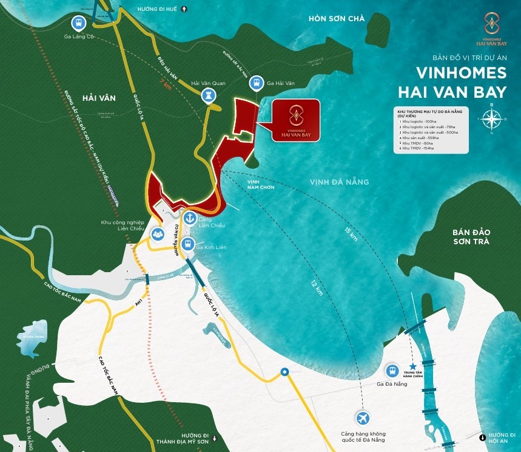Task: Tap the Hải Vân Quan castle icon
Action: tap(209, 95)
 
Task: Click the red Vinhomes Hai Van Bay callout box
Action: tap(295, 122)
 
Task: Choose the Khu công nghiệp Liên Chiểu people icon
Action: tap(158, 233)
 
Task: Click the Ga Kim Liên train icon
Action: tap(188, 245)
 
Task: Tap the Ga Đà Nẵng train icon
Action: tap(392, 371)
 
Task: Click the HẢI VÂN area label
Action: tap(99, 97)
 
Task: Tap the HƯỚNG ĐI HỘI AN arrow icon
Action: tap(482, 436)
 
